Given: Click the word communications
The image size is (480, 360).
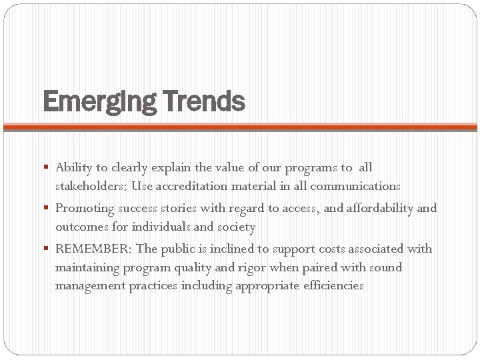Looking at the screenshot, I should (357, 186).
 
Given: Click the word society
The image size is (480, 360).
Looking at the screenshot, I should (236, 227).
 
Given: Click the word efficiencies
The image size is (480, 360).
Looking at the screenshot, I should (332, 286).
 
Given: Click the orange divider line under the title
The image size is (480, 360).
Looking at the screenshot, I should (240, 127).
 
